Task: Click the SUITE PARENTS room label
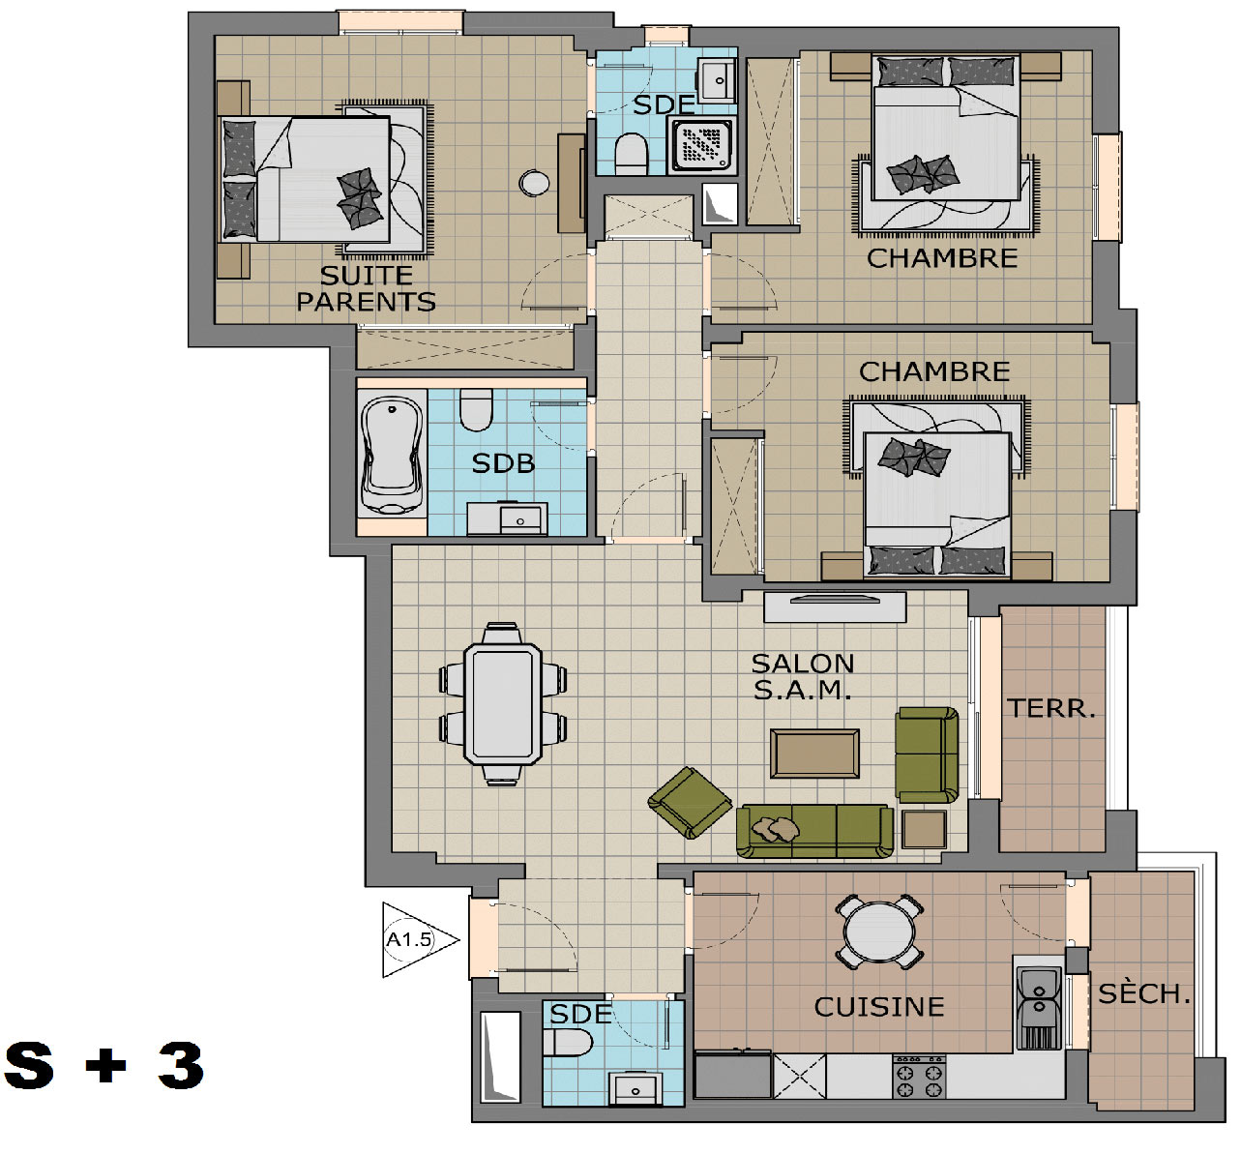tap(366, 289)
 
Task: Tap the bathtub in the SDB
tap(392, 455)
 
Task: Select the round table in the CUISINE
tap(879, 932)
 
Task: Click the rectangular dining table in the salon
tap(503, 704)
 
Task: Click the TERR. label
tap(1051, 709)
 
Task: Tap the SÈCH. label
tap(1144, 993)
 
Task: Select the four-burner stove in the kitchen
tap(918, 1077)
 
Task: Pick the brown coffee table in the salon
tap(814, 754)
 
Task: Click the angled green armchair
tap(690, 802)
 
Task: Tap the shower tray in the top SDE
tap(701, 146)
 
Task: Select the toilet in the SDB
tap(476, 409)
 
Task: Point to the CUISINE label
tap(878, 1007)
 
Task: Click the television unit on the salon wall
tap(835, 607)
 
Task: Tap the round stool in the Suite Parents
tap(534, 183)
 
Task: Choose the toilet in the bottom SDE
tap(568, 1043)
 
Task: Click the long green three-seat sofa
tap(814, 831)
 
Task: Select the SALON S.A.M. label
tap(802, 676)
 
